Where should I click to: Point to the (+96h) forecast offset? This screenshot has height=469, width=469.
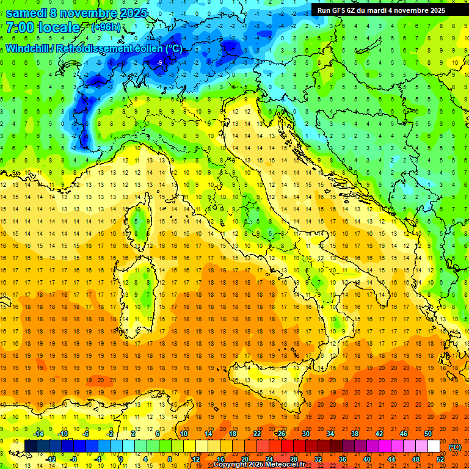[x=106, y=27]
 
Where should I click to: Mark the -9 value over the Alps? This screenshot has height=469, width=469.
[x=159, y=63]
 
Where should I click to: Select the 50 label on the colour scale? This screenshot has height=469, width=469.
[x=429, y=434]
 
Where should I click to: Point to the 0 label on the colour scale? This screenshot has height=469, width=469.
[x=120, y=459]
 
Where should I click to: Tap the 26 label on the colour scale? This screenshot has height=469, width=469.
[x=281, y=434]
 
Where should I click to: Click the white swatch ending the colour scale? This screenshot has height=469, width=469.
[x=434, y=446]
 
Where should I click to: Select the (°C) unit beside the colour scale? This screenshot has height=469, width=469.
[x=455, y=446]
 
